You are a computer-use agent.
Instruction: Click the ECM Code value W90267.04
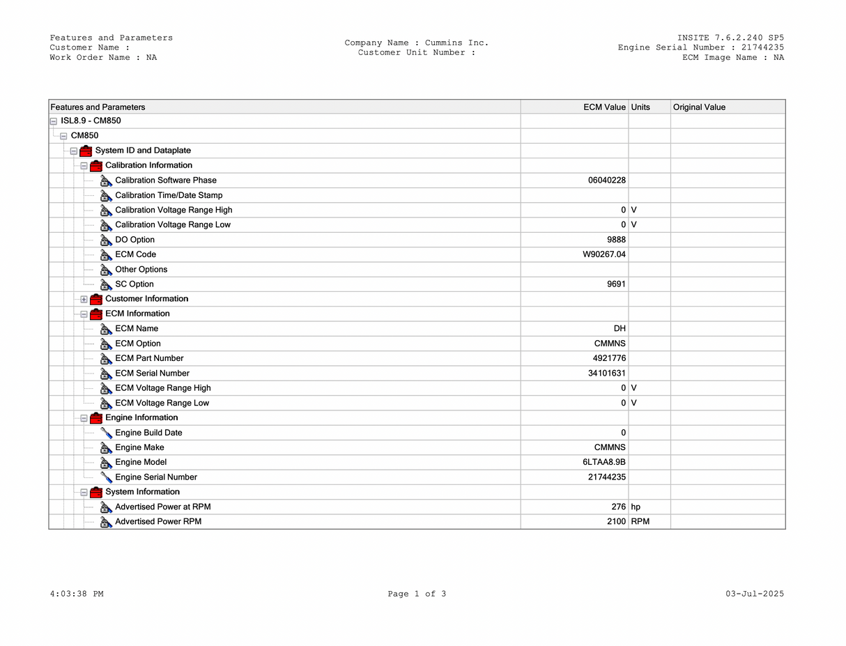(x=604, y=254)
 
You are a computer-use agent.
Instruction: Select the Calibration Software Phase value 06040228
(x=607, y=180)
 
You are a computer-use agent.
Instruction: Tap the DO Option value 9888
(x=616, y=240)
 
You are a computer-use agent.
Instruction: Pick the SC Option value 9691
(x=616, y=284)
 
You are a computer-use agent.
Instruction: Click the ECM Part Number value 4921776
(x=609, y=358)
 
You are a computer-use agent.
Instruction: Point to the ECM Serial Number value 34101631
(x=607, y=374)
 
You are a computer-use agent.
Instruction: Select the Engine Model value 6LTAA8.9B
(x=605, y=462)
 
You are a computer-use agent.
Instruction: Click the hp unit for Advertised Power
(x=636, y=507)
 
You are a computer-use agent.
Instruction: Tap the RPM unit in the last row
(x=640, y=522)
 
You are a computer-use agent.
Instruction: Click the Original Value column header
(x=699, y=107)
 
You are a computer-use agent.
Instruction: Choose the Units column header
(x=640, y=107)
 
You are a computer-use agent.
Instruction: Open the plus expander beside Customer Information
(x=84, y=300)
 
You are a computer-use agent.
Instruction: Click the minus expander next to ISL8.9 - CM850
(x=54, y=121)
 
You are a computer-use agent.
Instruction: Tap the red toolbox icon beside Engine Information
(x=96, y=418)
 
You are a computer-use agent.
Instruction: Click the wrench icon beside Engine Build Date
(x=107, y=433)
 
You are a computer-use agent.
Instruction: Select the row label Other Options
(x=141, y=270)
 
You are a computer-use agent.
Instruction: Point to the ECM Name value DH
(x=620, y=329)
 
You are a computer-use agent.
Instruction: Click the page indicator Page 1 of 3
(x=417, y=594)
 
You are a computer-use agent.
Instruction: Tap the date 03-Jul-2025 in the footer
(x=754, y=594)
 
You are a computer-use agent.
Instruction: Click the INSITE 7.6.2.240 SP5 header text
(x=730, y=38)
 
